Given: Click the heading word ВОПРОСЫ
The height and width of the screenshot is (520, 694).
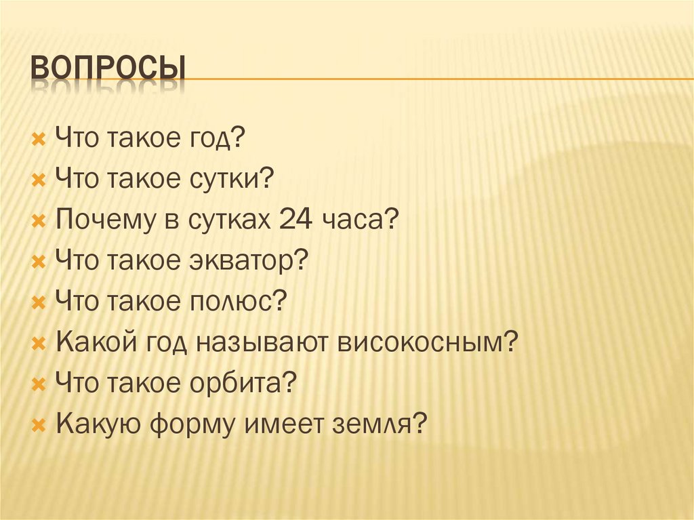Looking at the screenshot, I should click(108, 68).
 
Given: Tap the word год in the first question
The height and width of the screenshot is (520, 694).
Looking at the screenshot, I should click(216, 140).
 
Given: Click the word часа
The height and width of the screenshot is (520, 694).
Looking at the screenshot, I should click(357, 220).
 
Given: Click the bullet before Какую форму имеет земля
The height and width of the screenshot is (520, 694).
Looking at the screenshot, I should click(39, 425).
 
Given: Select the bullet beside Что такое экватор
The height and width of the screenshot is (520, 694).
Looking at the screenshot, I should click(39, 261).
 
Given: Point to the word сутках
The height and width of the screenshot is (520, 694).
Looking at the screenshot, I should click(224, 220).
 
